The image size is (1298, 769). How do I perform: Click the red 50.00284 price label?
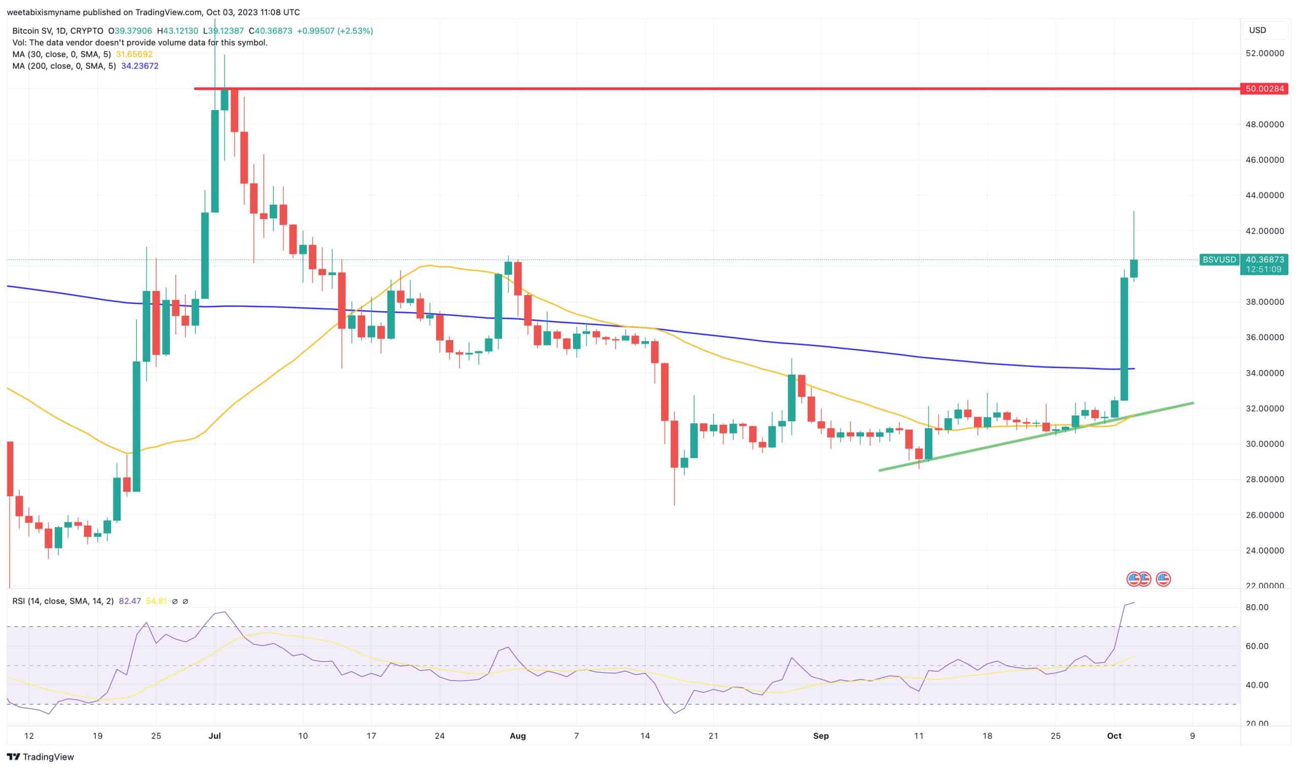pos(1265,89)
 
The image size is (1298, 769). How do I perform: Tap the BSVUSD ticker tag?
pos(1219,260)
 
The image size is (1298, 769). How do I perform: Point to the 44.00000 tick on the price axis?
pos(1265,195)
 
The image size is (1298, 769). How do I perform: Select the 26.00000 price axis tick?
pos(1265,515)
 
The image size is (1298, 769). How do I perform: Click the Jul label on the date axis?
pos(214,736)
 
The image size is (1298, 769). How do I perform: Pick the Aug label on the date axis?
pos(518,736)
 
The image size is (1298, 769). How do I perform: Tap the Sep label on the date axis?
pos(821,736)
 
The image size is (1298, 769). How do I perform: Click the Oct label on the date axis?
pos(1114,736)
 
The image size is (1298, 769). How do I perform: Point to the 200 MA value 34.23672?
pos(139,66)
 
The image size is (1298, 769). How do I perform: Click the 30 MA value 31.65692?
pos(134,54)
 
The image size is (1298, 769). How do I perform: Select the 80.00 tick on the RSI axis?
pos(1257,607)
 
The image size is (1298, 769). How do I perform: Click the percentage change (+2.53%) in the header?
pos(355,31)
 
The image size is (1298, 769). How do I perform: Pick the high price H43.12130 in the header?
pos(177,31)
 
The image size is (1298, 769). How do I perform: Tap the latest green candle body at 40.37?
pos(1134,269)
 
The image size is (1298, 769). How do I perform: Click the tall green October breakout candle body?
pos(1124,339)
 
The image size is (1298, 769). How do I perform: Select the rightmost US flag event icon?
pos(1164,579)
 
